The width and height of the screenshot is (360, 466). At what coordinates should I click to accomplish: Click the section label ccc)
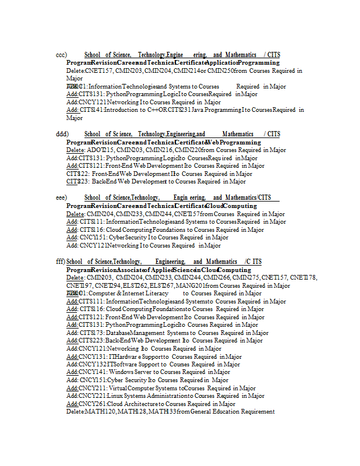point(61,55)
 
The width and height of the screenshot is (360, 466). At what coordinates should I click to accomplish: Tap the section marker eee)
point(62,198)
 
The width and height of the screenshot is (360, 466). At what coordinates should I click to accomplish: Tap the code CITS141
point(92,110)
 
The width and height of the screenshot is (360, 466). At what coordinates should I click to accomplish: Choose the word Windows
point(121,372)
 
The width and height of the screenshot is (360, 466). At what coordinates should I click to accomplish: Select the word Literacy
point(155,294)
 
